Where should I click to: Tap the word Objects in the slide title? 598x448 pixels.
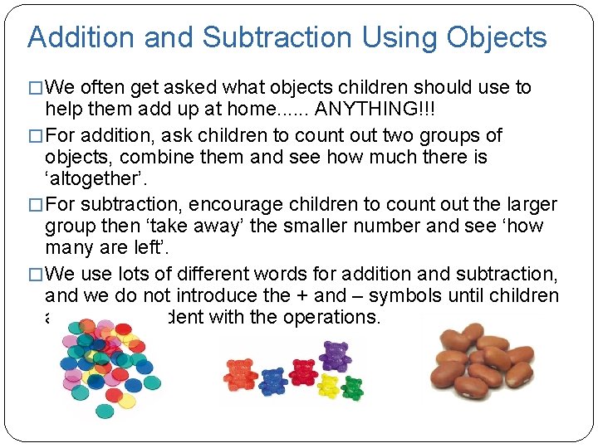pyautogui.click(x=497, y=37)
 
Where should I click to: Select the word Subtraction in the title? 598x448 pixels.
pyautogui.click(x=276, y=37)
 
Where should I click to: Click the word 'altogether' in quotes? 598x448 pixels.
pyautogui.click(x=91, y=179)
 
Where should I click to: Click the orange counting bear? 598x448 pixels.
pyautogui.click(x=240, y=376)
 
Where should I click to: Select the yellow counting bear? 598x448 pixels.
pyautogui.click(x=329, y=384)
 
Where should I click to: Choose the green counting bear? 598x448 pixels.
pyautogui.click(x=352, y=387)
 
